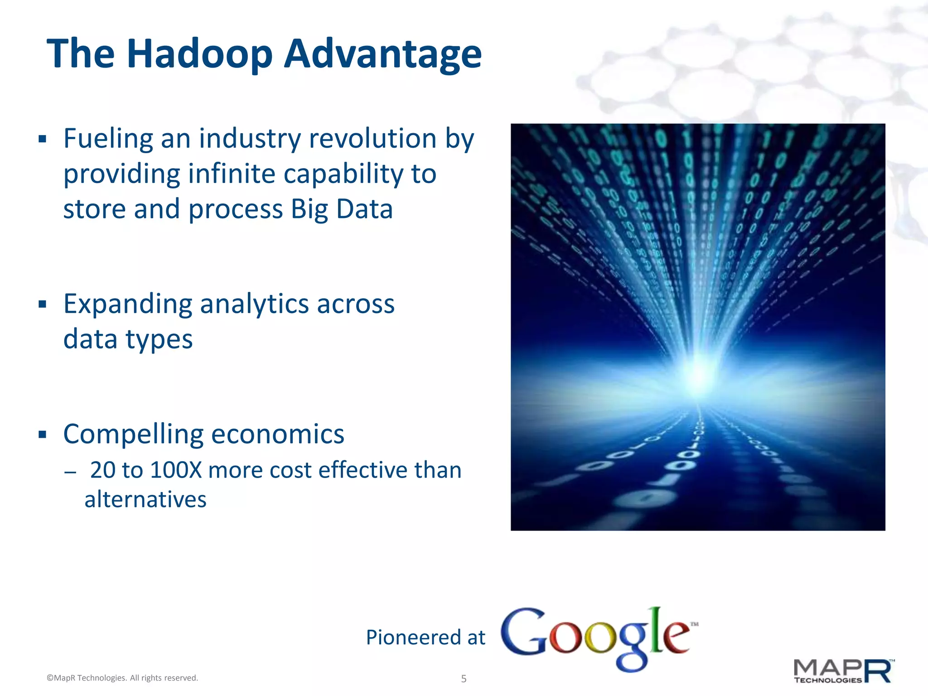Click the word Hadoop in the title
pyautogui.click(x=199, y=54)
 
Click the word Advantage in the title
pyautogui.click(x=382, y=54)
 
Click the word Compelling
pyautogui.click(x=133, y=435)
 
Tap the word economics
pyautogui.click(x=277, y=435)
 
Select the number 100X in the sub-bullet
pyautogui.click(x=176, y=470)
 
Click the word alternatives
pyautogui.click(x=145, y=500)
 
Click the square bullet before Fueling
pyautogui.click(x=43, y=139)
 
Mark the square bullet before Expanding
pyautogui.click(x=43, y=304)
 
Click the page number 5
pyautogui.click(x=464, y=678)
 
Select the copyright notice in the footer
pyautogui.click(x=122, y=678)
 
